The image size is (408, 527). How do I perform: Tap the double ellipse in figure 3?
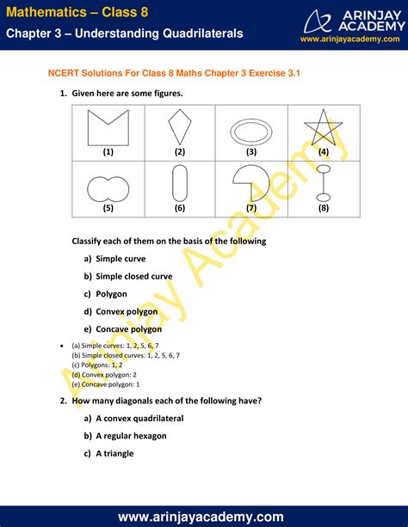pos(251,131)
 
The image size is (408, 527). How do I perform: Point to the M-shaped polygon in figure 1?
pos(108,128)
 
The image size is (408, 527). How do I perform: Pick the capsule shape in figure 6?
pos(179,181)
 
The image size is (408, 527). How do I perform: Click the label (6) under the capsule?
pos(179,207)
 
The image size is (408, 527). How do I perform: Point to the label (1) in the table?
pos(108,151)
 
